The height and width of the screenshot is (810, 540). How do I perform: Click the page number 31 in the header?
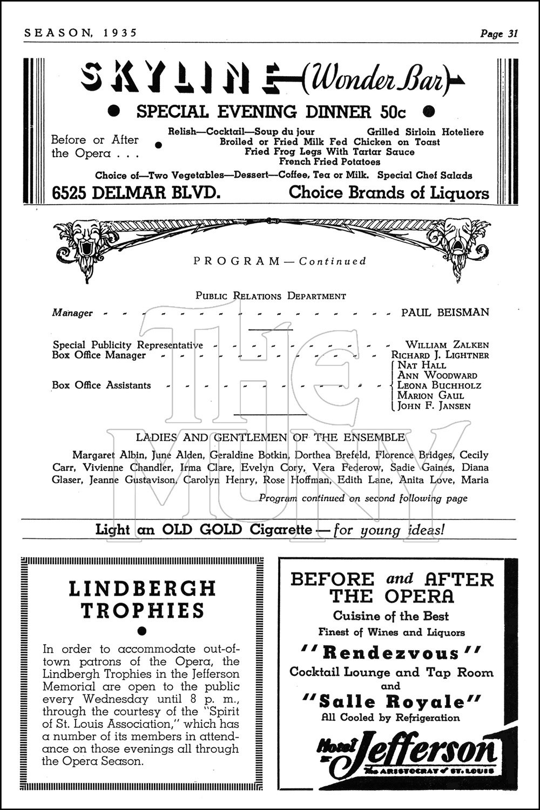click(512, 33)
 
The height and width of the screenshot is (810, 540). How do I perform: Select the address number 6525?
click(70, 193)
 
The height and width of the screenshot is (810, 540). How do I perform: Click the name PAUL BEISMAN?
click(445, 312)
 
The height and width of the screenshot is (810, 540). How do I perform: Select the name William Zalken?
click(447, 345)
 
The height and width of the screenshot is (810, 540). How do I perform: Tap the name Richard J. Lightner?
click(440, 355)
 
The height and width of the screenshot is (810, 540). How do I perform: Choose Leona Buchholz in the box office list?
click(439, 386)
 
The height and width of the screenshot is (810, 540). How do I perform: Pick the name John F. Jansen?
click(434, 406)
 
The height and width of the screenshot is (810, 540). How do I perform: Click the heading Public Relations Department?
click(271, 296)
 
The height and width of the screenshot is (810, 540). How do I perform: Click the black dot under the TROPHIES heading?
click(143, 630)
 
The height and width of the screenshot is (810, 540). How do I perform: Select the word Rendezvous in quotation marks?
click(391, 653)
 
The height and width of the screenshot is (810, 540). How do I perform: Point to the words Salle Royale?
click(391, 702)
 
